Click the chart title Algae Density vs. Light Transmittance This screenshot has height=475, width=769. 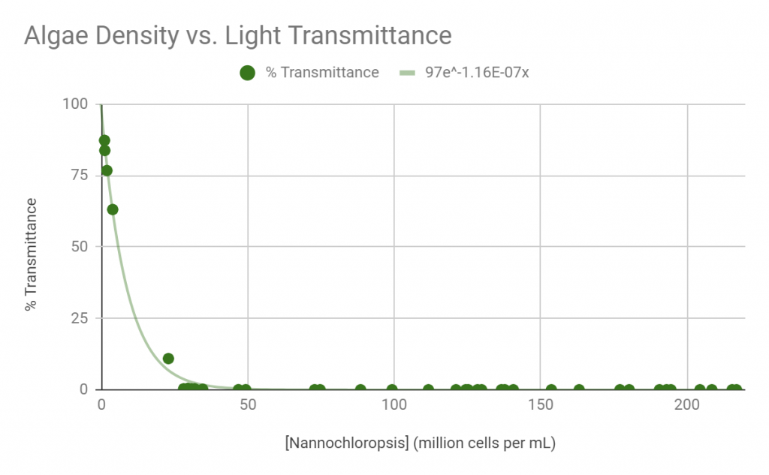click(238, 35)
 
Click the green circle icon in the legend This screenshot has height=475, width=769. click(247, 73)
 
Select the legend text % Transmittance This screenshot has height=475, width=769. click(322, 73)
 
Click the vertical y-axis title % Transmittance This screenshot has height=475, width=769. click(31, 254)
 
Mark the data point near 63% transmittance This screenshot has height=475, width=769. click(113, 209)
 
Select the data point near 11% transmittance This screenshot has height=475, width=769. click(168, 359)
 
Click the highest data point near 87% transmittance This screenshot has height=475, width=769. click(104, 140)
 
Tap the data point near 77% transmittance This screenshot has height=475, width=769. click(107, 170)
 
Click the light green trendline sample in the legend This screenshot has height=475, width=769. click(407, 73)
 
